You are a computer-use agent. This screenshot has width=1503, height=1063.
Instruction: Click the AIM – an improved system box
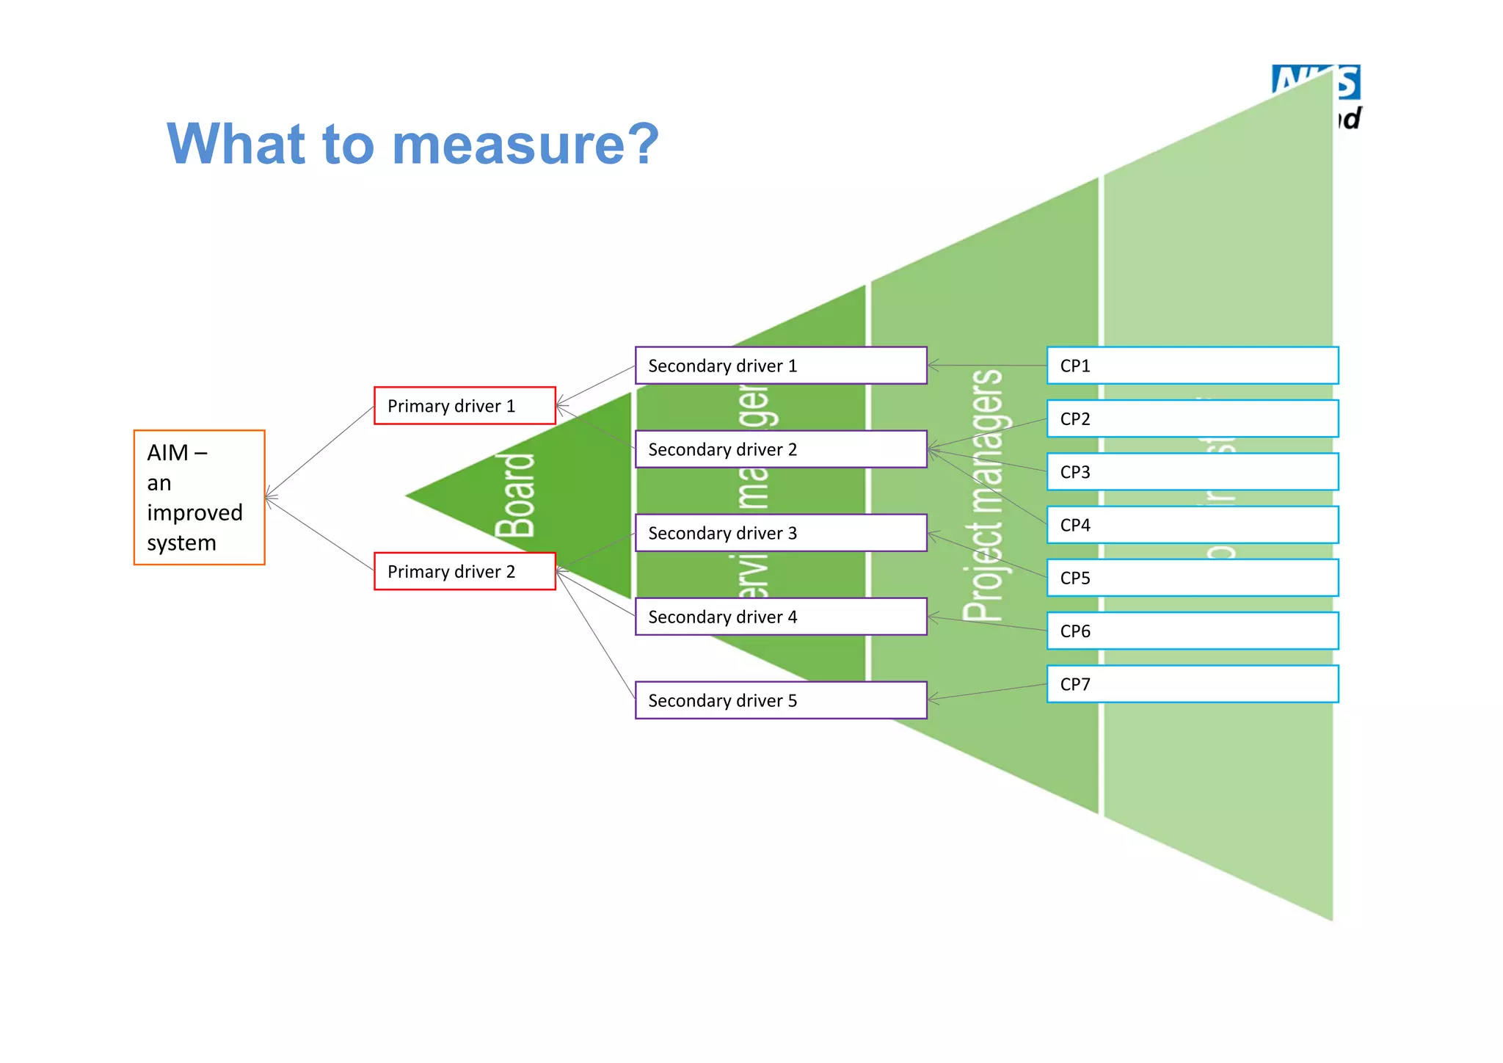[x=199, y=497]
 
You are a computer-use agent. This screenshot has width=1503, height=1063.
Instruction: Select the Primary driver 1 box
[x=465, y=405]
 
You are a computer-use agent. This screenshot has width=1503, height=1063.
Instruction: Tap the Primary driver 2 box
[x=465, y=571]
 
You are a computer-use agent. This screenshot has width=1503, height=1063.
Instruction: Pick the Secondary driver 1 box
[x=781, y=366]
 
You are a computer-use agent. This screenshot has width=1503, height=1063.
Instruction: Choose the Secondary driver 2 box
[x=781, y=449]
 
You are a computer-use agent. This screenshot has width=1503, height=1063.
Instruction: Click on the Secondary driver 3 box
[x=781, y=533]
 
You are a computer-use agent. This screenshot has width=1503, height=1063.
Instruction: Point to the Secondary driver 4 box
[x=781, y=617]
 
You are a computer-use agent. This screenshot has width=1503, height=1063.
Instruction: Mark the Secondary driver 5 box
[x=781, y=700]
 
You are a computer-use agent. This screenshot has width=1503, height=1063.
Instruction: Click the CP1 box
[x=1193, y=366]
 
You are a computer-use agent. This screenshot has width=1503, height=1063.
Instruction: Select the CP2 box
[x=1193, y=418]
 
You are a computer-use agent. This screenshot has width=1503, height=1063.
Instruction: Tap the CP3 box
[x=1193, y=472]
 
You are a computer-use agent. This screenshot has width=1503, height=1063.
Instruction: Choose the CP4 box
[x=1193, y=525]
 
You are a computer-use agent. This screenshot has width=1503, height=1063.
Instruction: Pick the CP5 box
[x=1193, y=578]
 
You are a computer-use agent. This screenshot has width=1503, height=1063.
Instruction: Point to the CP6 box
[x=1193, y=631]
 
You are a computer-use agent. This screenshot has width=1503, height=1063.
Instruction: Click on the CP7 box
[x=1193, y=684]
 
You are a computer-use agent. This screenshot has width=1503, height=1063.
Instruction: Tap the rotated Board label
[x=515, y=496]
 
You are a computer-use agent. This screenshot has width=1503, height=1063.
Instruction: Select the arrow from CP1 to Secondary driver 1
[x=987, y=365]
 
